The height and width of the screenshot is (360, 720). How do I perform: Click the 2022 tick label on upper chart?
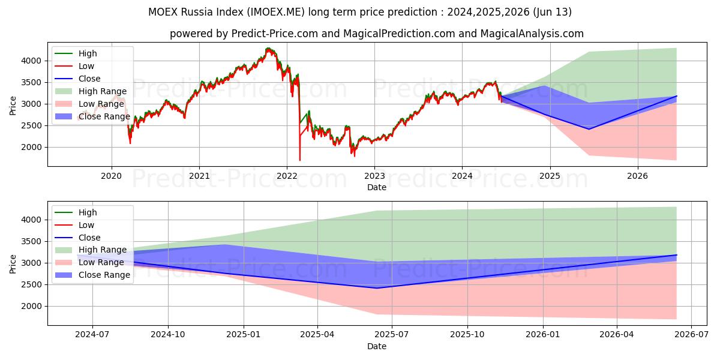287,176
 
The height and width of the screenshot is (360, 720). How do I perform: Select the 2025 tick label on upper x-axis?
550,176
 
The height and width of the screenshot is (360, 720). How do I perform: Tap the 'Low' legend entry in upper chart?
86,66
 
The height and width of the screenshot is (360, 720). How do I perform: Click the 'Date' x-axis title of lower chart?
376,346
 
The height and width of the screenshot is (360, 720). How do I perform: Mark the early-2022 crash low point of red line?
299,160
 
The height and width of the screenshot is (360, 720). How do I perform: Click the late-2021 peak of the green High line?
268,48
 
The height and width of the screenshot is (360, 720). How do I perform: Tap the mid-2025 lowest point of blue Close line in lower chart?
377,288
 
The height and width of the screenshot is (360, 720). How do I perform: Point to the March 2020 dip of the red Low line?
130,143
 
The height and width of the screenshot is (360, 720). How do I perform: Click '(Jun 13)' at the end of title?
553,12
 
